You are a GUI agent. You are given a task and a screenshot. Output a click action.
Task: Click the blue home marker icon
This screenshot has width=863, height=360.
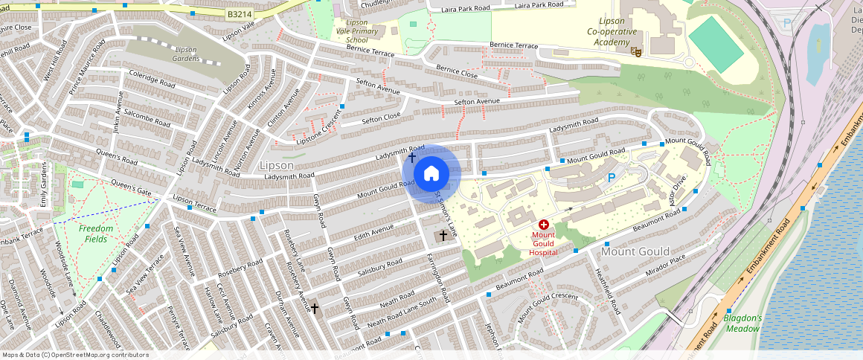431,174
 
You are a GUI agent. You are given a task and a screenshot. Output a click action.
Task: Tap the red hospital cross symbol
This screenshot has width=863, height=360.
543,224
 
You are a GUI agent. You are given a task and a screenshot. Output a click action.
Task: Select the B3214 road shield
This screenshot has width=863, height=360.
239,14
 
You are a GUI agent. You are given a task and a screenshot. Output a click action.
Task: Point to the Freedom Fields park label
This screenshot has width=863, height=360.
96,234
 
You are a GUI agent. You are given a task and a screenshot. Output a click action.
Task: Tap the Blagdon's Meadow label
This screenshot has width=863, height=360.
742,323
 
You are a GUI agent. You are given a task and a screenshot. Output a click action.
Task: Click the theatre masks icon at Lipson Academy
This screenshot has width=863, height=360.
635,52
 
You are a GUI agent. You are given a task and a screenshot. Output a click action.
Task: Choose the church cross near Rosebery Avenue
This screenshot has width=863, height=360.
315,308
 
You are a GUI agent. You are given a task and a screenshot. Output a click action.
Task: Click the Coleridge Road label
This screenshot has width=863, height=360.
152,80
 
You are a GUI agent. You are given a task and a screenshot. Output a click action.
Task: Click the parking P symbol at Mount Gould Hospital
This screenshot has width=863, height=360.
612,178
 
